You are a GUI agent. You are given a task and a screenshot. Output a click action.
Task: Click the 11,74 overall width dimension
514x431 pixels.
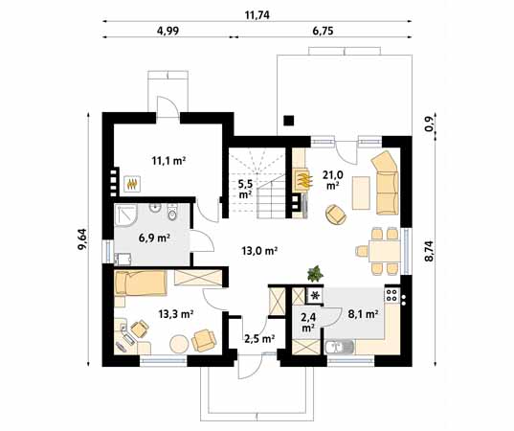257,15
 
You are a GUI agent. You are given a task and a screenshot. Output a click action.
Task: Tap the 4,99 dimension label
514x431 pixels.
168,31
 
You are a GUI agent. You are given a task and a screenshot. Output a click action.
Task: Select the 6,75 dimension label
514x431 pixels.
323,31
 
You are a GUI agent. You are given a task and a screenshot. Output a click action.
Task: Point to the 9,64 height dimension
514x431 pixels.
82,239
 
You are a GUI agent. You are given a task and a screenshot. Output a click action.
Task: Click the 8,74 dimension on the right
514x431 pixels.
429,251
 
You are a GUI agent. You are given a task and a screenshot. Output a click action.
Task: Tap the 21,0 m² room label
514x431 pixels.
333,180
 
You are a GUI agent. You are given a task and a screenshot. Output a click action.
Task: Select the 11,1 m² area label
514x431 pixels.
168,161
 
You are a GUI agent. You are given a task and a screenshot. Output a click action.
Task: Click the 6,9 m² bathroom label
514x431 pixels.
154,238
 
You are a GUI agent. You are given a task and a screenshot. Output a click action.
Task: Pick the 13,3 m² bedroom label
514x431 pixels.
176,314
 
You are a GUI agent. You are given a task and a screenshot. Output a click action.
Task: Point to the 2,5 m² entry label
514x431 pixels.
259,338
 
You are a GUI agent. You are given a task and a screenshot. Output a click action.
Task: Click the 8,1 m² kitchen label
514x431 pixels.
363,314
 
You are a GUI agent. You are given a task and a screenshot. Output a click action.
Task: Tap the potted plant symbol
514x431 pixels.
315,274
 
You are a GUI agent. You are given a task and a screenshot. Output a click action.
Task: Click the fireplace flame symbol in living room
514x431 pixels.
302,180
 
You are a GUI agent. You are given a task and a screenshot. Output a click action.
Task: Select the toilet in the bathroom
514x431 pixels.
171,213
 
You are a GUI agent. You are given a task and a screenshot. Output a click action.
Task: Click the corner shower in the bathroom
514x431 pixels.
125,215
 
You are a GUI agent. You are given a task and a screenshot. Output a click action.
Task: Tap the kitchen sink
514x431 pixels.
340,348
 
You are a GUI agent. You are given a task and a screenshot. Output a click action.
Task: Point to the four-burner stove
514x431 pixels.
391,295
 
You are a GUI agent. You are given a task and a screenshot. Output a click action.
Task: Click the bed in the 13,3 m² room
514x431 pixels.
141,283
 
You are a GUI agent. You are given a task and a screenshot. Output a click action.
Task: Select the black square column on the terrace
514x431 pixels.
288,121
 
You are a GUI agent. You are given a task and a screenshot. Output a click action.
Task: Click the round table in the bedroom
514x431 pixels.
179,344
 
